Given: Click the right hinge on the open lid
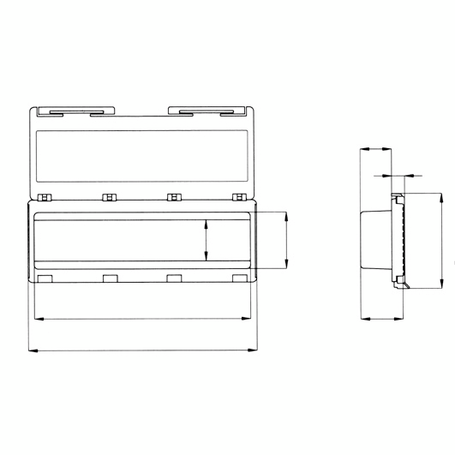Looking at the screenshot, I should pos(207,110).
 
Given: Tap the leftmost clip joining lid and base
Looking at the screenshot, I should pos(45,197).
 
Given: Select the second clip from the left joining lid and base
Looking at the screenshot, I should pos(109,197).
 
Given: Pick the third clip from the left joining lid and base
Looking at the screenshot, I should pos(174,197).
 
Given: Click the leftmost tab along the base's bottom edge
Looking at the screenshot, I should pos(45,278).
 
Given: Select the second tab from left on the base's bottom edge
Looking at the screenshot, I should pos(110,278).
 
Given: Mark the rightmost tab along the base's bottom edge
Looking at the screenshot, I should pos(238,278).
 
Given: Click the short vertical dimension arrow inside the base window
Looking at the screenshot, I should pos(206,241).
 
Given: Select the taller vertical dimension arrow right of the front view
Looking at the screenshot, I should pos(285,242).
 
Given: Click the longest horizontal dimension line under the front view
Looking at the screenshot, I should pos(142,350).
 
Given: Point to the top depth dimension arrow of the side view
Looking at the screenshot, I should pos(376,149).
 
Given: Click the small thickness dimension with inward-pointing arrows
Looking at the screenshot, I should pos(396,177).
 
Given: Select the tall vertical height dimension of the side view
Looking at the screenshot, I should pos(441,242).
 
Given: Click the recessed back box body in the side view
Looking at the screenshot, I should pos(377,242).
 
